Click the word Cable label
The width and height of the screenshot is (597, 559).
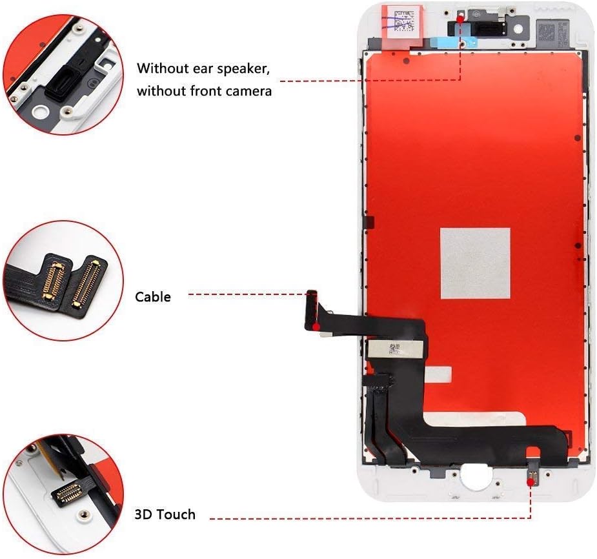point(153,297)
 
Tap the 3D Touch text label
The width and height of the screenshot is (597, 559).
point(165,514)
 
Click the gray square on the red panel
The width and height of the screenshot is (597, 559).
point(475,263)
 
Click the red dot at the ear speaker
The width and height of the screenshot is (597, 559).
point(460,19)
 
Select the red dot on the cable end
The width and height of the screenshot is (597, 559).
point(316,327)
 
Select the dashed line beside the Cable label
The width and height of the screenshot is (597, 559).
point(248,294)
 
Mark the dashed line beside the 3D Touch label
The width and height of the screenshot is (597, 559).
point(368,518)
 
